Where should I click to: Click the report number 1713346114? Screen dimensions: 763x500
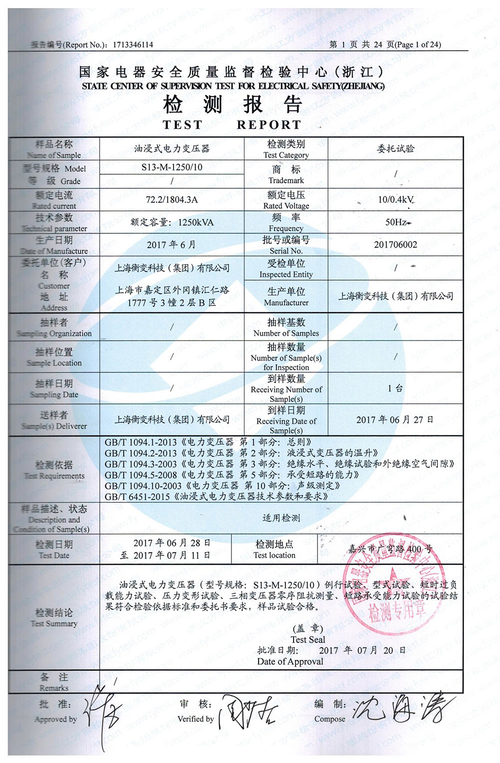133,45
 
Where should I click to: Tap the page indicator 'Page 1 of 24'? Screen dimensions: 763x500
418,45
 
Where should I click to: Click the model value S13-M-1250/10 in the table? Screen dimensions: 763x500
171,167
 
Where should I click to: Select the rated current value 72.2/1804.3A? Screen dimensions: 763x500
171,200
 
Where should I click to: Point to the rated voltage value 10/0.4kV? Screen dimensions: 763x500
395,200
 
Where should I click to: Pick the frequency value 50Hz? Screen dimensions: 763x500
395,222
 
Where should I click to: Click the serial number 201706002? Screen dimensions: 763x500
395,245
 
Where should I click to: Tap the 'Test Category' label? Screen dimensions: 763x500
286,155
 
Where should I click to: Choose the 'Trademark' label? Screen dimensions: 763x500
286,180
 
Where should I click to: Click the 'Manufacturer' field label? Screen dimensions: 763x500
286,303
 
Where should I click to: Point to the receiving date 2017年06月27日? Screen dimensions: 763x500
394,420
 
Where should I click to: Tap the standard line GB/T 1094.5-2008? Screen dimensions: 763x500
231,475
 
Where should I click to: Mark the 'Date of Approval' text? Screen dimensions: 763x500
290,662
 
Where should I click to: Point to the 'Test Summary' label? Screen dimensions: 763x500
54,624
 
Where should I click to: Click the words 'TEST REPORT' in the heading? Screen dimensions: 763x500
232,125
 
